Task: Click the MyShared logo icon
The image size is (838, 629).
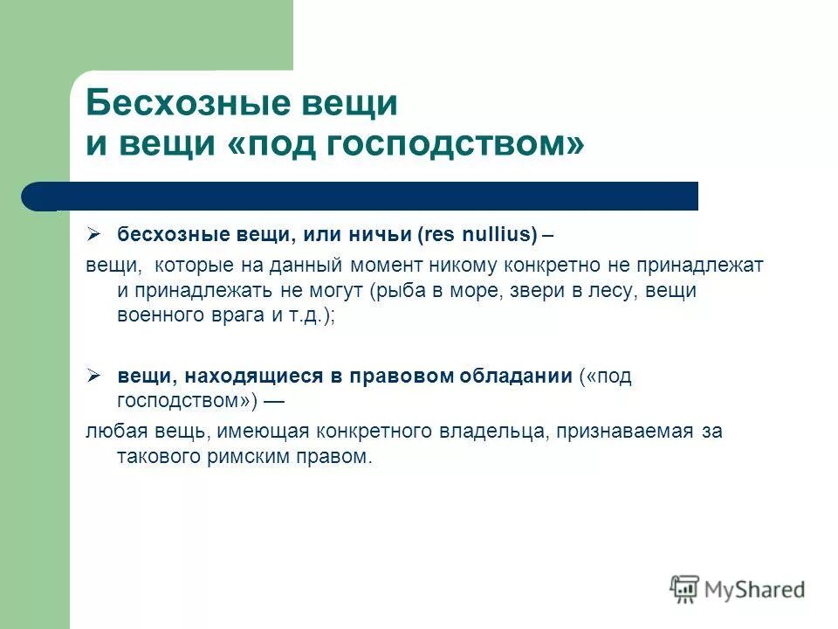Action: [685, 589]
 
